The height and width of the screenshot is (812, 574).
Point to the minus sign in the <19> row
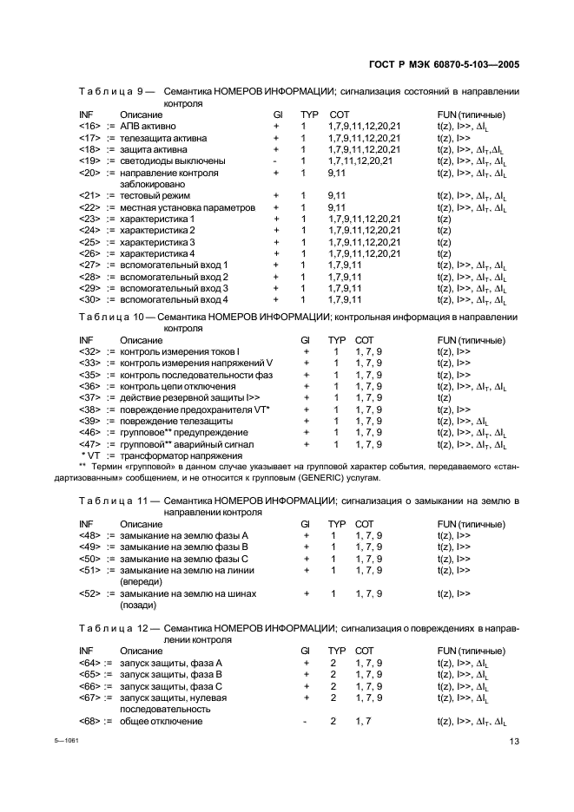click(274, 160)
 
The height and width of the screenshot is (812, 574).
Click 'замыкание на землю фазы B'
click(184, 547)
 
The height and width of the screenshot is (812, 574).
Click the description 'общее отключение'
click(162, 721)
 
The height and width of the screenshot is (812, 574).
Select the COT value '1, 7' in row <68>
click(364, 721)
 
